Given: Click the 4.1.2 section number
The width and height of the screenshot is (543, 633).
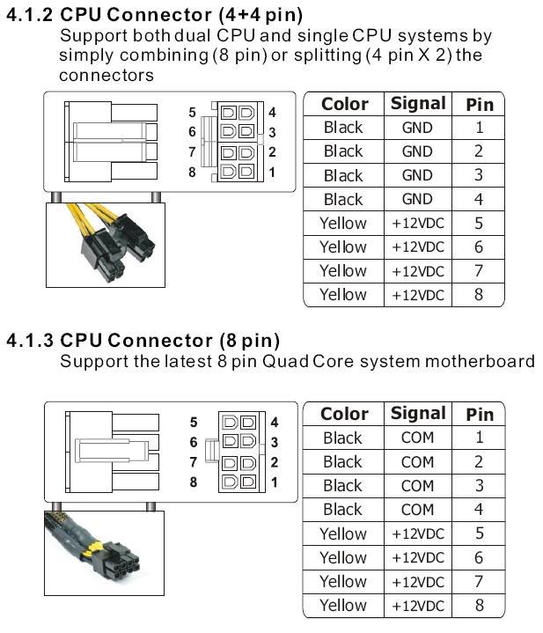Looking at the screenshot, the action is click(30, 15).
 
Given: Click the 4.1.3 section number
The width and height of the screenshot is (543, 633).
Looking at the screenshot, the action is click(30, 341).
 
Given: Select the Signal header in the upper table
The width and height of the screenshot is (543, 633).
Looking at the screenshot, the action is click(418, 103).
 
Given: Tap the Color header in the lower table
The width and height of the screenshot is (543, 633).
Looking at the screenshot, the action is click(344, 414).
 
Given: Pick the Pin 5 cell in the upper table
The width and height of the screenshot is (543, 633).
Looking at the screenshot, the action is click(479, 223).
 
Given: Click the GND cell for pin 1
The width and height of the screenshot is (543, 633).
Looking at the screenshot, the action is click(417, 128).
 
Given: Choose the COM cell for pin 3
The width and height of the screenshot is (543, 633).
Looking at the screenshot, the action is click(417, 486).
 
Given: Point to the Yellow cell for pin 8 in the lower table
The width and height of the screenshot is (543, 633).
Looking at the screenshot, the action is click(343, 605).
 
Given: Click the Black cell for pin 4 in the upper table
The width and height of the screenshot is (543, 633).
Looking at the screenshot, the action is click(343, 199).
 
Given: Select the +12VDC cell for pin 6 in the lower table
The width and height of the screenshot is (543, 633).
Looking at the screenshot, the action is click(418, 558).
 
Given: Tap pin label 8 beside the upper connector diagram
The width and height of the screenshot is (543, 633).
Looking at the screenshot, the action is click(192, 172).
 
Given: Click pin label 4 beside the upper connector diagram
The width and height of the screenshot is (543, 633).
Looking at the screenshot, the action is click(272, 112).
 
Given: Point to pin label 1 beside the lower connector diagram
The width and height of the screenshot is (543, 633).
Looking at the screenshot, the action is click(275, 482).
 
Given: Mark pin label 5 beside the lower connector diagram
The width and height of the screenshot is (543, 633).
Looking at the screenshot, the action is click(194, 423).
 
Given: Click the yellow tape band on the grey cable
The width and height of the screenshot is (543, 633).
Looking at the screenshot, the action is click(95, 548).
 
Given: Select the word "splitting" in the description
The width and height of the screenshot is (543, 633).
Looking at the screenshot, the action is click(327, 55).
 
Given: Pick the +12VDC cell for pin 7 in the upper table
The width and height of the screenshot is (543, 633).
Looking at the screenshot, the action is click(418, 271).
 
